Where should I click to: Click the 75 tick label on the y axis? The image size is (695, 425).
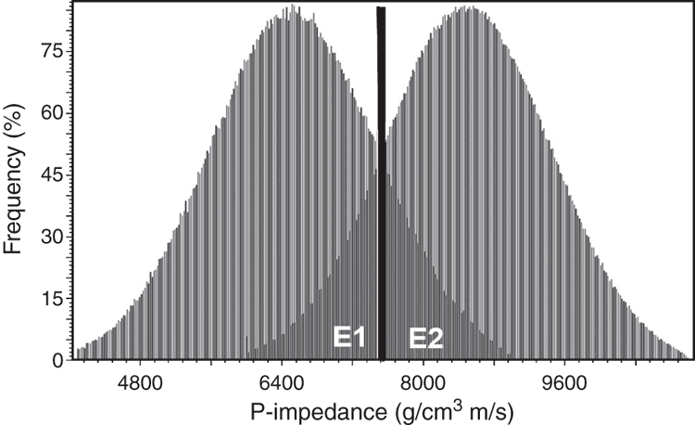coord(52,52)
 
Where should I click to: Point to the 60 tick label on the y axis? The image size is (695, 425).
coord(52,113)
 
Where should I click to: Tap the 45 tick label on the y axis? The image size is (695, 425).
coord(52,175)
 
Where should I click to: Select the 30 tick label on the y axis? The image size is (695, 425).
coord(52,237)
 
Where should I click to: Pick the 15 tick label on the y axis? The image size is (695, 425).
coord(52,299)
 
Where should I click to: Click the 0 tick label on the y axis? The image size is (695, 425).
coord(58,362)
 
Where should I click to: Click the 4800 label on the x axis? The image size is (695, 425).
coord(140,382)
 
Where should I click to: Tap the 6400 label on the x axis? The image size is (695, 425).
coord(282,382)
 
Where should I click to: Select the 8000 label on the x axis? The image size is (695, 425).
coord(423,382)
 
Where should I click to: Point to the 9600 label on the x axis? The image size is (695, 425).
coord(564,382)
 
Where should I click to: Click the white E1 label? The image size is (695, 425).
coord(348,338)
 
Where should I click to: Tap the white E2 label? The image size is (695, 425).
coord(425,338)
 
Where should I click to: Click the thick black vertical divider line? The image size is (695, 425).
coord(381,183)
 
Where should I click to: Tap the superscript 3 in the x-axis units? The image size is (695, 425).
coord(459,405)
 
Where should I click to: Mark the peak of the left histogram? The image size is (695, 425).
coord(292,5)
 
